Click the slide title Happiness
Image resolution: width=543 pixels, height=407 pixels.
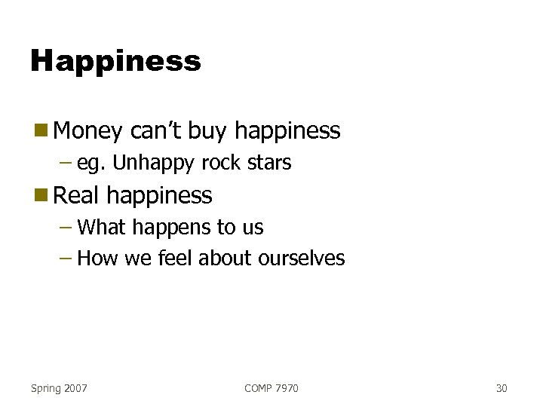[115, 61]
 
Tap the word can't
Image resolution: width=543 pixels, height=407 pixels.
[156, 131]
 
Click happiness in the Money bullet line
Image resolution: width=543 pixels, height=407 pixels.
[287, 132]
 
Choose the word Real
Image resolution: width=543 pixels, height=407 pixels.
[77, 196]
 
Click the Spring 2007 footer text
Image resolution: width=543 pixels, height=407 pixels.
[59, 388]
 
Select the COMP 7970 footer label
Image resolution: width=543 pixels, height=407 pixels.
[271, 388]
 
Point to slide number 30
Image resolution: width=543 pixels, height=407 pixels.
[502, 388]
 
